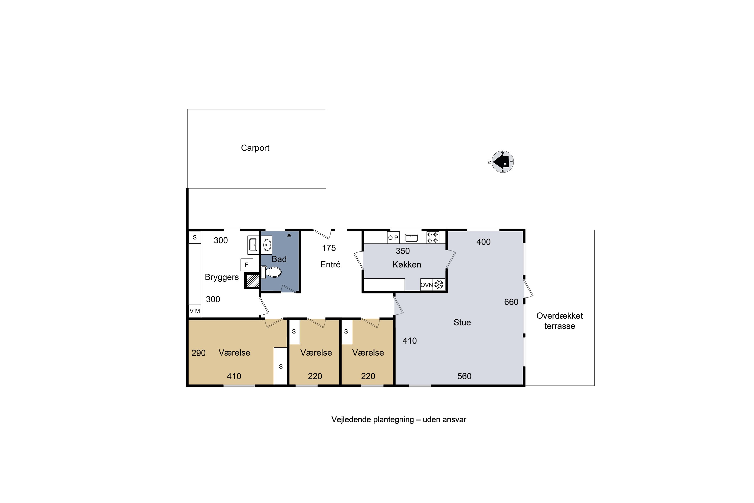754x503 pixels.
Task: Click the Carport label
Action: tap(255, 148)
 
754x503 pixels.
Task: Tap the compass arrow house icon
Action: tap(502, 162)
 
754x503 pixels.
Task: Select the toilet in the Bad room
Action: tap(271, 272)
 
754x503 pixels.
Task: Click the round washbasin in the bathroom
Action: tap(267, 245)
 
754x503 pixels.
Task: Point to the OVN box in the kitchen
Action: tap(426, 284)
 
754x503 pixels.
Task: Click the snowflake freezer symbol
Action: tap(439, 284)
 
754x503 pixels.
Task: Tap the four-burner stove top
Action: tap(433, 237)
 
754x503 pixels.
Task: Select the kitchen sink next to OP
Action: tap(411, 238)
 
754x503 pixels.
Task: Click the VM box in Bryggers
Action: tap(195, 311)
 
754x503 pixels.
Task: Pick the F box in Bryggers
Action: tap(247, 265)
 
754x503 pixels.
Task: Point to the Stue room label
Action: tap(462, 322)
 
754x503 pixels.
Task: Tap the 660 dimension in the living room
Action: tap(511, 302)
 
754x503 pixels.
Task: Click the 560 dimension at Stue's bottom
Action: tap(464, 376)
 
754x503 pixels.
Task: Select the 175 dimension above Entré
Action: tap(329, 248)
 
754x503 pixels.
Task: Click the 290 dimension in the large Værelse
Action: tap(199, 353)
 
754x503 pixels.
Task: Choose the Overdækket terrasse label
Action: tap(559, 321)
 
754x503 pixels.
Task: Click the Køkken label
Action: tap(406, 265)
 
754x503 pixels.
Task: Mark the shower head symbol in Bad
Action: tap(289, 235)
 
